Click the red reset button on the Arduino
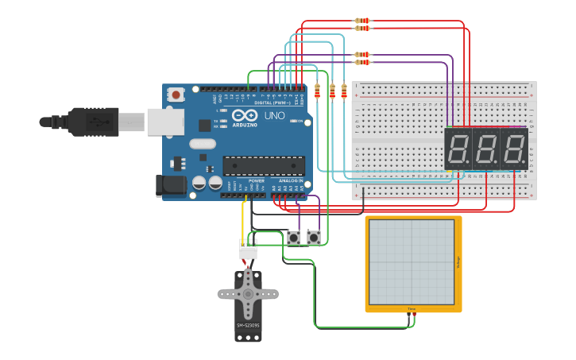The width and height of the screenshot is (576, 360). pos(176,95)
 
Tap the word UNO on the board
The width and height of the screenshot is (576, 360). pos(274,116)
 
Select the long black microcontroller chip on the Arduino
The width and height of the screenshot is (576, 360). pos(263,165)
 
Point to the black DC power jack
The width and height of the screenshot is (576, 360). pos(171,186)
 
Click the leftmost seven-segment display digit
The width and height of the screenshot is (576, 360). pos(458,149)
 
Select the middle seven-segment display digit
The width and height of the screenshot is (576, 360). pos(485,149)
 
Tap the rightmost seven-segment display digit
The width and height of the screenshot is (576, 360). pos(513,149)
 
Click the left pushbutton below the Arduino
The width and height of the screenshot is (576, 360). pos(294,237)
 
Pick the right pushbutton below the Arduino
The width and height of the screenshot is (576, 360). pos(315,237)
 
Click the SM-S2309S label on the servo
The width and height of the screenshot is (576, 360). pos(248,325)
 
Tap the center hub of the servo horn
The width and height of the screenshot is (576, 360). pos(248,294)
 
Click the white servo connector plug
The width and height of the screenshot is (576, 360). pos(248,249)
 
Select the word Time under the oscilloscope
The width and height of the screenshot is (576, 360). pos(412,308)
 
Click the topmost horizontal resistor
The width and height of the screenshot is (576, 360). pos(362,21)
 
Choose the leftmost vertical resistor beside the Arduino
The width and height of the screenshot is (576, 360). pos(318,91)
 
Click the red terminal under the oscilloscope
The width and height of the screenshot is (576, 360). pos(414,315)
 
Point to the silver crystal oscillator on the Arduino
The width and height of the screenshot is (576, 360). pos(202,144)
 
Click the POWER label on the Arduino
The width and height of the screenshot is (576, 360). pos(257,180)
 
